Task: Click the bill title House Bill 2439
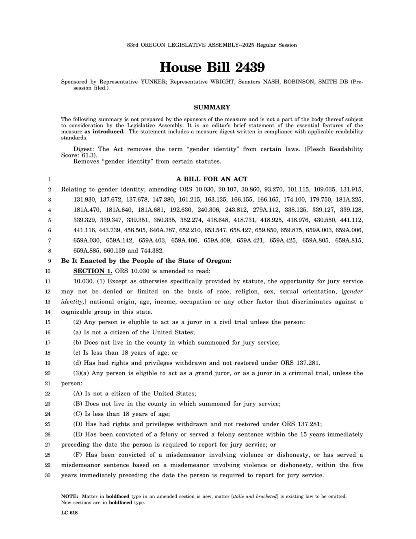[x=212, y=67]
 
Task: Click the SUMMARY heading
[x=212, y=107]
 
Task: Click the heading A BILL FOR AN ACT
[x=212, y=179]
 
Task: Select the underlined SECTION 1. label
[x=93, y=271]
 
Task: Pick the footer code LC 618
[x=69, y=513]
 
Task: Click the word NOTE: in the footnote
[x=69, y=496]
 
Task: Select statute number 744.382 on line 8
[x=152, y=251]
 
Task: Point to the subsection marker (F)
[x=78, y=455]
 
